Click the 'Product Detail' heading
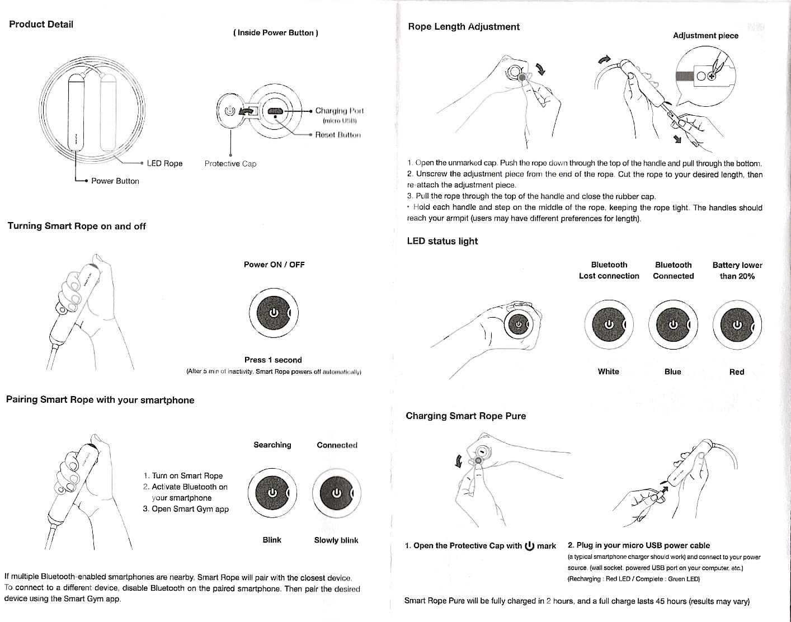(x=41, y=25)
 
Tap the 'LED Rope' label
(x=164, y=163)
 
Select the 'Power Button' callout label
(x=115, y=181)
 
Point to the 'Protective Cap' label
(x=230, y=164)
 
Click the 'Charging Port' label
(x=339, y=111)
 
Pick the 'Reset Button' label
(x=338, y=135)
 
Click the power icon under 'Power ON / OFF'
(x=274, y=312)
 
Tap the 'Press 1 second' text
(x=273, y=360)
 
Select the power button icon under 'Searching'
(x=272, y=492)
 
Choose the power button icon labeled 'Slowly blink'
(x=336, y=492)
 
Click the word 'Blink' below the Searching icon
(x=272, y=540)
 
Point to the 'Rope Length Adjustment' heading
(x=464, y=27)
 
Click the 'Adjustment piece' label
(x=705, y=36)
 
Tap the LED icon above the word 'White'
(x=609, y=324)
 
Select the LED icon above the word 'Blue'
(x=673, y=324)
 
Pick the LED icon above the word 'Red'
(x=737, y=324)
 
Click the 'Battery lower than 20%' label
(x=737, y=271)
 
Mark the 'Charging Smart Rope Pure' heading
(x=465, y=416)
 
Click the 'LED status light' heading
(x=442, y=241)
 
